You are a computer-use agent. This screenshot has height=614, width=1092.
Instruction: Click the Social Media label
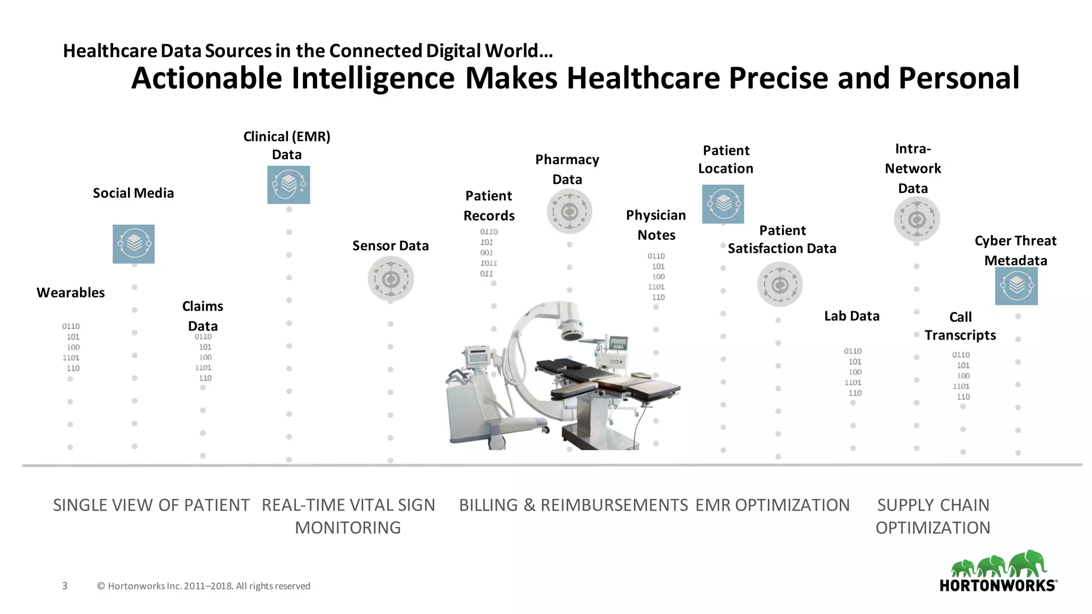tap(133, 193)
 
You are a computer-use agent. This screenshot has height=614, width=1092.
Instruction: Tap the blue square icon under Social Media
tap(134, 244)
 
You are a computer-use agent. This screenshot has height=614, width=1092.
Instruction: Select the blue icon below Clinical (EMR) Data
tap(288, 185)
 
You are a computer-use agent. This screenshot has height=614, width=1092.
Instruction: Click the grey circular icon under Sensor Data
tap(391, 279)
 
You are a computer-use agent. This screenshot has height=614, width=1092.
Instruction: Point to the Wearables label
tap(70, 293)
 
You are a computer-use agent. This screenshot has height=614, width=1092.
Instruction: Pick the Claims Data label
tap(203, 316)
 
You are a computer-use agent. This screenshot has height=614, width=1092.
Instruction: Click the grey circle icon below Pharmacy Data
tap(569, 212)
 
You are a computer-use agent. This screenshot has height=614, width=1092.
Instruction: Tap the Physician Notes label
tap(656, 225)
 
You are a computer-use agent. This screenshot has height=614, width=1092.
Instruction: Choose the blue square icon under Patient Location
tap(723, 204)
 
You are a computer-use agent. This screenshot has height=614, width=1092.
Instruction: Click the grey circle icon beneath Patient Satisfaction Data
tap(780, 285)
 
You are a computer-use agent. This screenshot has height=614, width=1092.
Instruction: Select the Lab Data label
tap(852, 316)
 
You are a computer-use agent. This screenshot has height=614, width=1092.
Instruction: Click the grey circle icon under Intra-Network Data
tap(917, 219)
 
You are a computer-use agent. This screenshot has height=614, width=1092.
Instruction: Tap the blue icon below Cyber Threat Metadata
tap(1016, 286)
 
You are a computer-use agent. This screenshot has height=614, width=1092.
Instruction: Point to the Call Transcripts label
tap(960, 326)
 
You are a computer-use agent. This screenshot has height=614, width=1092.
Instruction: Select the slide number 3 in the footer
tap(65, 586)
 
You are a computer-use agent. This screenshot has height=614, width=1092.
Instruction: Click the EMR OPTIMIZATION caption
tap(773, 505)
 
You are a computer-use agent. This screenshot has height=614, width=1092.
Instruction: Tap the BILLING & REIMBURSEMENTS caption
tap(573, 505)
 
